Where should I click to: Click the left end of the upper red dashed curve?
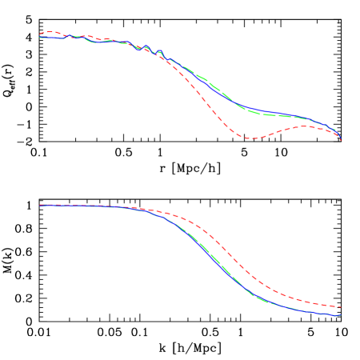[40, 34]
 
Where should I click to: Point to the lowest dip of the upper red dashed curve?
[251, 138]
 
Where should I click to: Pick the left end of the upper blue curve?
[40, 37]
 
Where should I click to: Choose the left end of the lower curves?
[40, 206]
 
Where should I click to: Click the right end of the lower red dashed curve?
[341, 306]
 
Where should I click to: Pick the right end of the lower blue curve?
[341, 315]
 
